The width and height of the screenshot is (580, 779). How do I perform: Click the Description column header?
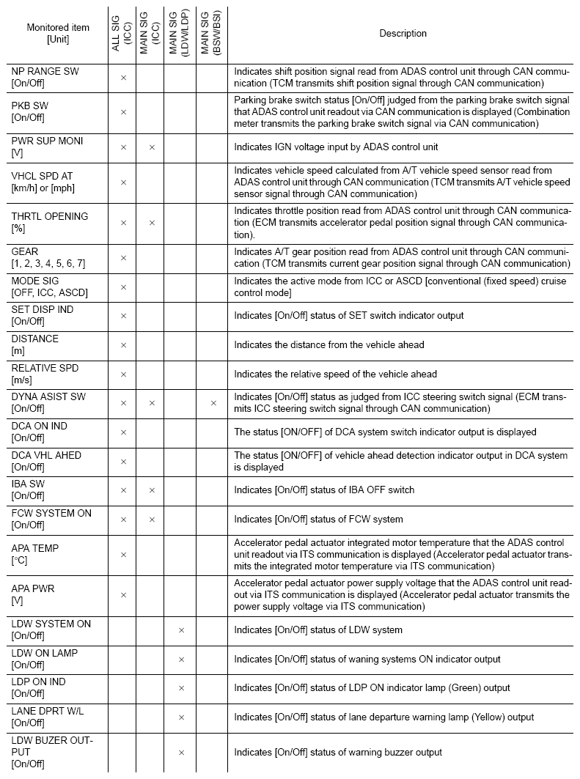pos(403,33)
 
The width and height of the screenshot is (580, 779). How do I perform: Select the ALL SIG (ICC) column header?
pos(122,34)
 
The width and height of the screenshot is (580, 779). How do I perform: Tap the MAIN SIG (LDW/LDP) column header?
pos(180,34)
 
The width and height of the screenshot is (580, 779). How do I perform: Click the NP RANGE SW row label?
pos(45,77)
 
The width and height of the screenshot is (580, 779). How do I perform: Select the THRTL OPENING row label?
pos(49,222)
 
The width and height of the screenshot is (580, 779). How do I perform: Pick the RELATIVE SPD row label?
pos(45,374)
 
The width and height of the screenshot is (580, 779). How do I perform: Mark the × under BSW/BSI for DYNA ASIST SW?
pos(213,403)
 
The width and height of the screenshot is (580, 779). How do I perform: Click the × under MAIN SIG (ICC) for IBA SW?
pos(152,490)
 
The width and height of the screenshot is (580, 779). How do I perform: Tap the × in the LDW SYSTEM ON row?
pos(181,630)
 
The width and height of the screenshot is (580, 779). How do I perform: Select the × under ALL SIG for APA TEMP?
pos(123,555)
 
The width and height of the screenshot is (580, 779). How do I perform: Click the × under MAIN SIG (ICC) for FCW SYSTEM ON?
pos(152,520)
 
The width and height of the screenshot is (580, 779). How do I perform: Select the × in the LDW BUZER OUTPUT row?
pos(181,753)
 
